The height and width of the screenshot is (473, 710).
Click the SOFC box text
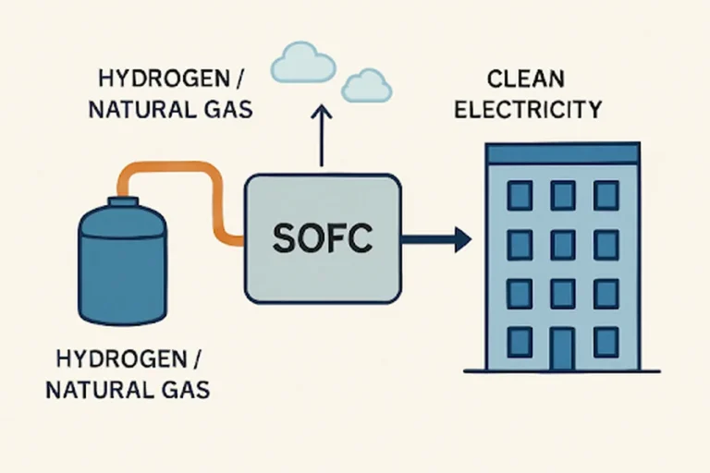323,239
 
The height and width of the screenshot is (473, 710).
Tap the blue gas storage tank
122,268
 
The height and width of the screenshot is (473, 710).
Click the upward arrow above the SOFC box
322,134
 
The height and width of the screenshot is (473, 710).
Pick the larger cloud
302,64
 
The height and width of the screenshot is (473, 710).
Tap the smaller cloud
367,86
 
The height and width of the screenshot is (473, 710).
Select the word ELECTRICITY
543,110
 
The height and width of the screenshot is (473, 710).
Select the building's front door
562,346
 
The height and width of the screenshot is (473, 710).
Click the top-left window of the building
520,195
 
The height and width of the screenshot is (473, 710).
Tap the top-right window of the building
606,195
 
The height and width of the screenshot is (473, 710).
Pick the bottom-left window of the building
520,342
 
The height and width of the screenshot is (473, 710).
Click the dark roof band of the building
562,153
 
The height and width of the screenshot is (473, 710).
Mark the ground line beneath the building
562,370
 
